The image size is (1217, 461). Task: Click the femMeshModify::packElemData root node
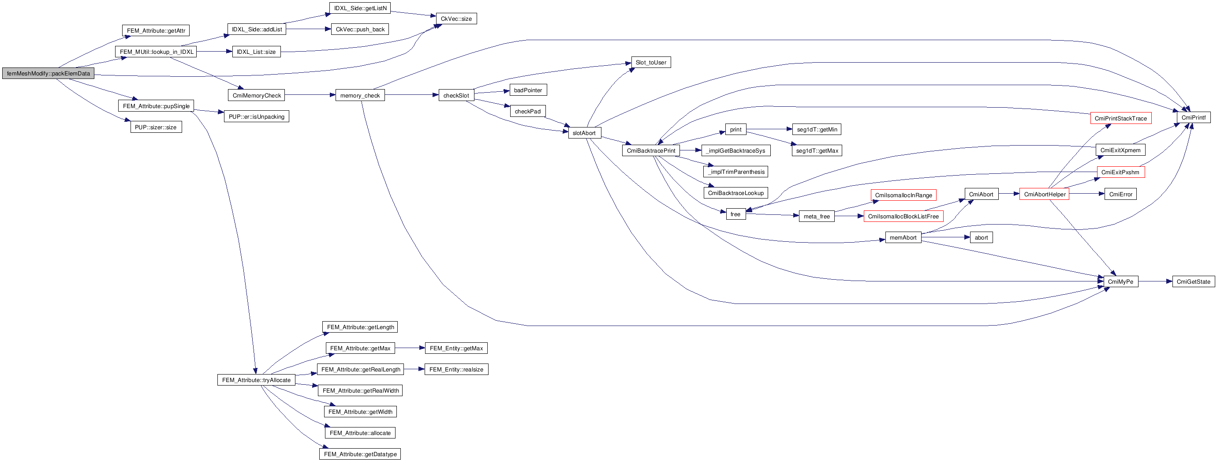48,73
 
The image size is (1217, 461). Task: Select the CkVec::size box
456,19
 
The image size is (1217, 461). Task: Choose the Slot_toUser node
650,62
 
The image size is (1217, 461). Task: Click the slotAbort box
584,133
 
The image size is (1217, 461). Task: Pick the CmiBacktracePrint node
650,150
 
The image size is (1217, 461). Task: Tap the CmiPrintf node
1193,117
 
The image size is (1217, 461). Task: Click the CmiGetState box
1193,282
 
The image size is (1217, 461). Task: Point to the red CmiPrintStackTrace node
1120,118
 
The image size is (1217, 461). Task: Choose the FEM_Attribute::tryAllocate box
256,380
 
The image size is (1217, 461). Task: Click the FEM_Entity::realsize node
456,369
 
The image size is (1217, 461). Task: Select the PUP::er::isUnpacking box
256,117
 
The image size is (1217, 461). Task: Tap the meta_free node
816,217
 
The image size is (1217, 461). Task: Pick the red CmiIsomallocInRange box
903,195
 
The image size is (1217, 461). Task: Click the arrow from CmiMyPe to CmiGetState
1155,282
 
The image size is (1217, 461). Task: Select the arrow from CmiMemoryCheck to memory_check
310,95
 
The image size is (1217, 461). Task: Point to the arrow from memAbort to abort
945,237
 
